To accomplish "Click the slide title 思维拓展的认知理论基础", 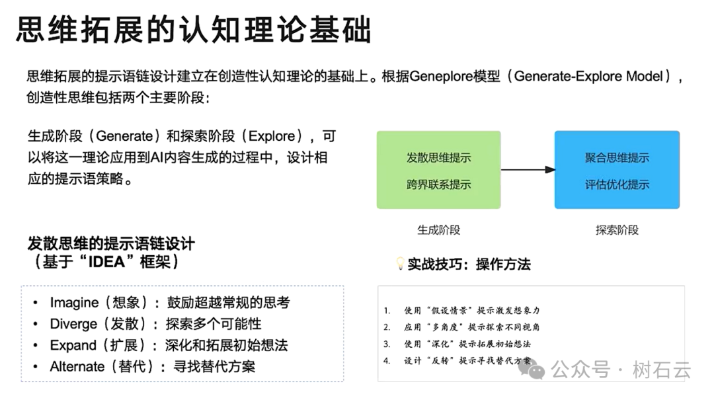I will point(193,30).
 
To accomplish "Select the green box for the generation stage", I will point(438,170).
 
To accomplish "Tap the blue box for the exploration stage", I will point(617,170).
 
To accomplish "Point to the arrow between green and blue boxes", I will point(528,170).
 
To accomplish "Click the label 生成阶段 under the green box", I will point(438,230).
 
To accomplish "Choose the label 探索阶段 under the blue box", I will point(617,230).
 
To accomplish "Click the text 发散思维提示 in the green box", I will point(438,158).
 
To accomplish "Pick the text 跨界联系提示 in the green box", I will point(438,184).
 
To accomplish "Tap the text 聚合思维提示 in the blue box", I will point(617,158).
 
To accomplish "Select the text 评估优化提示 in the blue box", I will point(617,184).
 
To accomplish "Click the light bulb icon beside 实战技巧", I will point(399,263).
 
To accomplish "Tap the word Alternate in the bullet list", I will point(77,366).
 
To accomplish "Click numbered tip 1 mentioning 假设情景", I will point(463,310).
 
